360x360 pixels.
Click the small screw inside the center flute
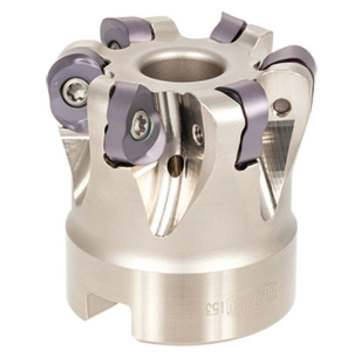click(x=197, y=131)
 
